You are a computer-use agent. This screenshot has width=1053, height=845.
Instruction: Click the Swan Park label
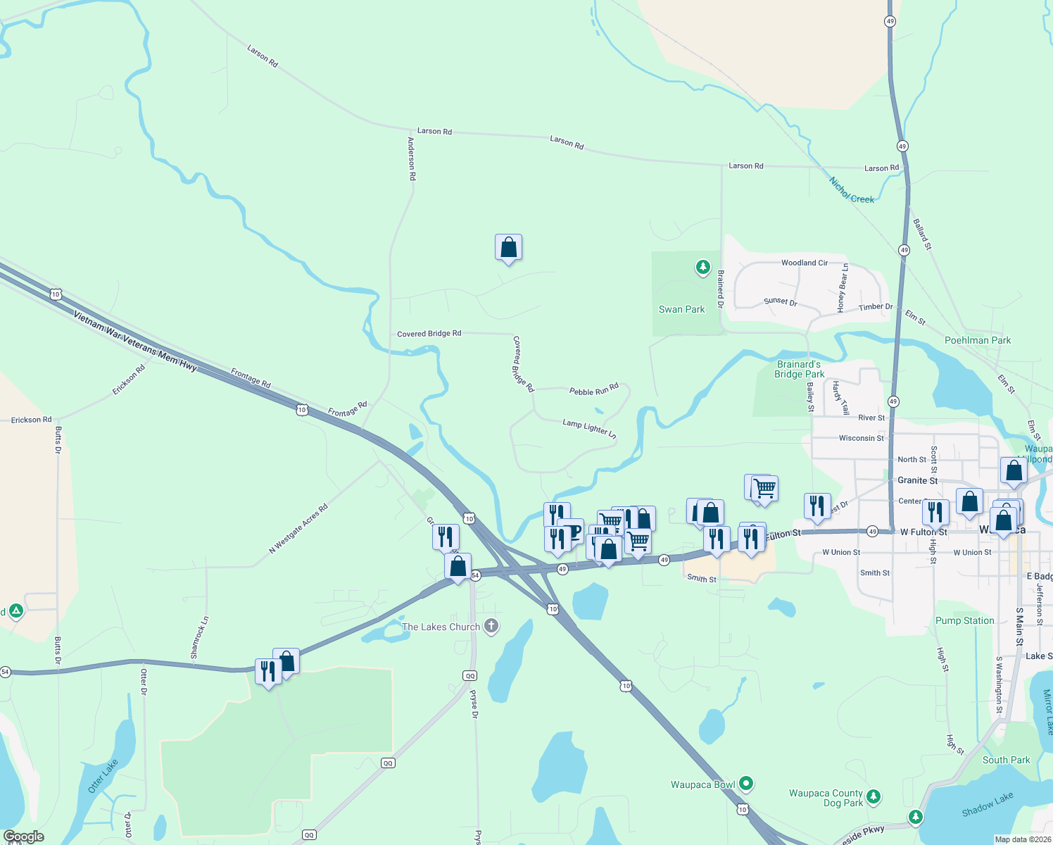click(x=681, y=309)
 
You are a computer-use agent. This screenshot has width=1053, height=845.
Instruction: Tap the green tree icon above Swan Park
click(x=702, y=267)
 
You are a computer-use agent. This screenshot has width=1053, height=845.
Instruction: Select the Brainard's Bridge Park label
click(x=799, y=369)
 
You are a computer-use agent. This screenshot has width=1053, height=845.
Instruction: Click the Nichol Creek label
click(x=852, y=190)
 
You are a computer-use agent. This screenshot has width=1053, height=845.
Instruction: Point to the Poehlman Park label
click(x=977, y=340)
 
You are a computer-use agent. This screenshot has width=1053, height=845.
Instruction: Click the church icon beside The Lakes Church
click(x=491, y=625)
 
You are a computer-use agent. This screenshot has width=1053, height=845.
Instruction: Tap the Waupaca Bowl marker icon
click(x=746, y=783)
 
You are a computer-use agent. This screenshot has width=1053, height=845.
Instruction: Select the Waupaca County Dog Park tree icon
click(x=874, y=796)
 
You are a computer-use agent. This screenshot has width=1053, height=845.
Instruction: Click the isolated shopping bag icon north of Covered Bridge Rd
click(x=508, y=248)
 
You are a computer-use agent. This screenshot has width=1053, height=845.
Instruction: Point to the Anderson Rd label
click(x=412, y=158)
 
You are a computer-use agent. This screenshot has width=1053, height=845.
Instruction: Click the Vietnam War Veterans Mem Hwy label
click(x=135, y=341)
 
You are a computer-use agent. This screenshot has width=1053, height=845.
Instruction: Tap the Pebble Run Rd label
click(x=593, y=389)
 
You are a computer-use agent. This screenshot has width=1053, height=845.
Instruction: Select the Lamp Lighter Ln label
click(x=589, y=428)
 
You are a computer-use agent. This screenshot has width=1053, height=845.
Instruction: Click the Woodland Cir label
click(x=804, y=263)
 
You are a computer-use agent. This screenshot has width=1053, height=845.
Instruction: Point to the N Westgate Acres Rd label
click(x=298, y=528)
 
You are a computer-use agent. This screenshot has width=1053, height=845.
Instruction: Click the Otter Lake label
click(x=103, y=776)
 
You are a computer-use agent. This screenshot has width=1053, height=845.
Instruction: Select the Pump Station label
click(x=964, y=620)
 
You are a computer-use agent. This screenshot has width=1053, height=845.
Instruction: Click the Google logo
click(x=24, y=836)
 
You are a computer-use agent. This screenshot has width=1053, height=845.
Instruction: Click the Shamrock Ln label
click(x=200, y=637)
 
